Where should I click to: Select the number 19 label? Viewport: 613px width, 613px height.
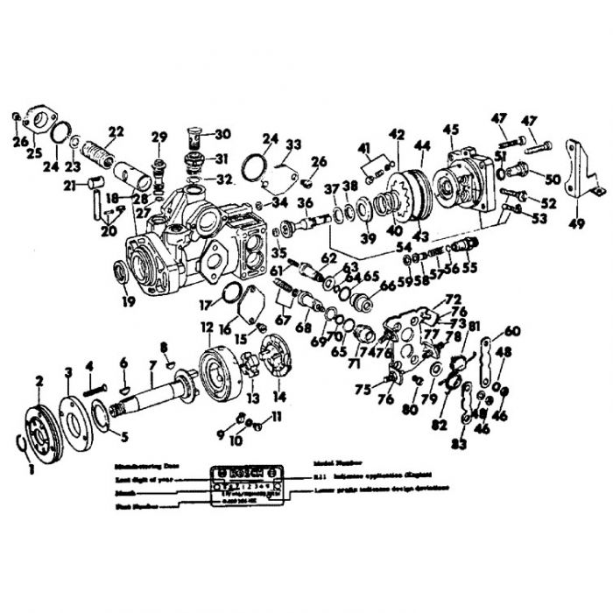tap(130, 302)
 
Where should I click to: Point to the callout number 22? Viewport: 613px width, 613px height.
tap(116, 132)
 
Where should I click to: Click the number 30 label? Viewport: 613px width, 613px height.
tap(222, 134)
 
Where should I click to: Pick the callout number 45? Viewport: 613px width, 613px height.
tap(451, 130)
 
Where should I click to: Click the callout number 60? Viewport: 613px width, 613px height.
tap(512, 330)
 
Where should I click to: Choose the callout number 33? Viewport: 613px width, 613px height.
tap(292, 144)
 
